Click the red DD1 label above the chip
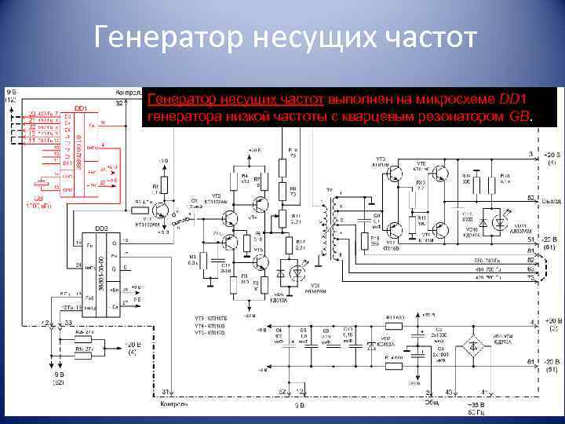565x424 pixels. (80, 108)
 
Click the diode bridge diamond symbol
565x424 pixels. (473, 345)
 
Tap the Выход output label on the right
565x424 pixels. (550, 203)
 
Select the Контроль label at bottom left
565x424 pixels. (173, 404)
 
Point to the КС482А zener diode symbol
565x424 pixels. (371, 346)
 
